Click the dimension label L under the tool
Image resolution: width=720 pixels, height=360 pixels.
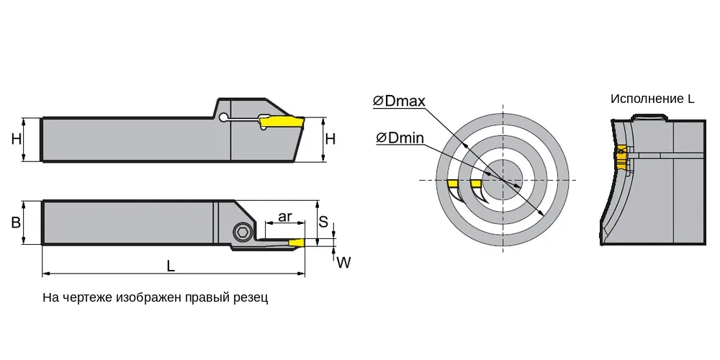click(x=171, y=266)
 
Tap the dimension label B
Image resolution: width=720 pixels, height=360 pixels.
click(x=16, y=222)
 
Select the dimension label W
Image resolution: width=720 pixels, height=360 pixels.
click(x=343, y=263)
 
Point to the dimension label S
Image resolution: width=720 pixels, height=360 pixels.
click(x=323, y=222)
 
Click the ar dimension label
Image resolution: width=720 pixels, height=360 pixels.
click(x=285, y=216)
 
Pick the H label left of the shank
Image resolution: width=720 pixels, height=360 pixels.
click(x=17, y=139)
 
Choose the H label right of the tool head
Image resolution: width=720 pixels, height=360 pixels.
click(x=330, y=139)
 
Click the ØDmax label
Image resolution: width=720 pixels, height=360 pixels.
click(x=399, y=101)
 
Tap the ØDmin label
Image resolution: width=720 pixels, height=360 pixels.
click(x=400, y=138)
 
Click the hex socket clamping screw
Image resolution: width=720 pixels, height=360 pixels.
click(x=242, y=232)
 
